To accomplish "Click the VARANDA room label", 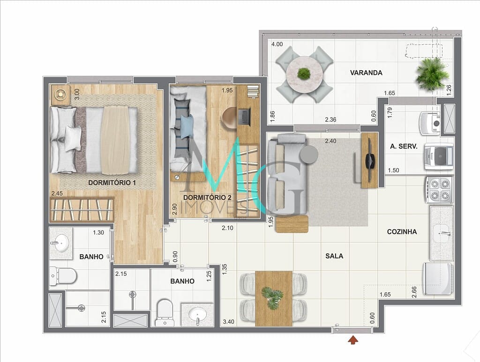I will point(366,73).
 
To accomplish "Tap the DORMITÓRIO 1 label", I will point(112,183).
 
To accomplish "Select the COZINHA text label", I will point(402,232).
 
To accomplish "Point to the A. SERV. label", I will point(404,146).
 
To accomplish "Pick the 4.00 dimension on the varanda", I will point(277,44).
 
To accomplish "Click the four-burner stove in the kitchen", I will point(439,190).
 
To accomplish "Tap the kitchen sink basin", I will point(442,232).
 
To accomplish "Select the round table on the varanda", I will point(304,74).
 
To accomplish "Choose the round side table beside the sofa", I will point(309,155).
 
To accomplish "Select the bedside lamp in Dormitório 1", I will point(60,94).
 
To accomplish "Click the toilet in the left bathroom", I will point(63,276).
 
